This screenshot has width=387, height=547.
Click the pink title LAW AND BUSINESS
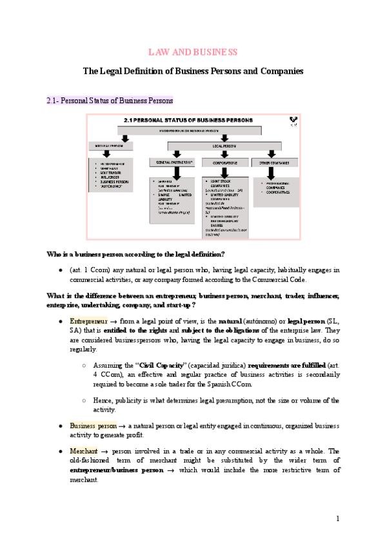click(193, 52)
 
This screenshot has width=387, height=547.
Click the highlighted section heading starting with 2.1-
click(109, 101)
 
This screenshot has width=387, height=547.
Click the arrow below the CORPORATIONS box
click(222, 172)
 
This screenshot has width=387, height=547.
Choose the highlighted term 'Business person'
click(93, 426)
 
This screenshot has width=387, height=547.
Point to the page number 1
click(338, 518)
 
